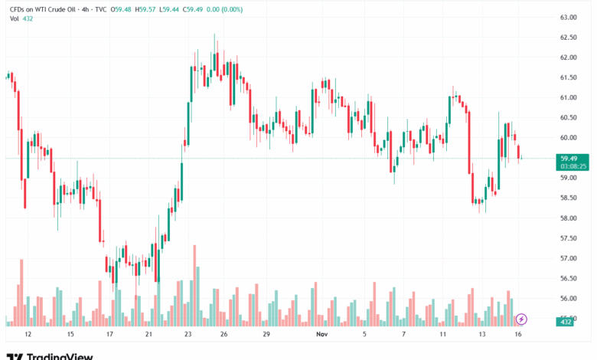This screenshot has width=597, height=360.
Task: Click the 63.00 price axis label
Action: pos(567,17)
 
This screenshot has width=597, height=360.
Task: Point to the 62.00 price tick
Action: pos(567,57)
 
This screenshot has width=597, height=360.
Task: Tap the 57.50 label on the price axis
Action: pos(567,238)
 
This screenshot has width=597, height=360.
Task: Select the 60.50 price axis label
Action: pos(567,118)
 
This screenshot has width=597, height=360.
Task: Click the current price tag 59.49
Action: pos(568,158)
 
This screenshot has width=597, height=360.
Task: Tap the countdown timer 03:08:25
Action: pos(573,165)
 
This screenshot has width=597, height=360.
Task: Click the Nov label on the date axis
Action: pos(322,334)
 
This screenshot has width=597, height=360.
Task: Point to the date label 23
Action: pos(188,334)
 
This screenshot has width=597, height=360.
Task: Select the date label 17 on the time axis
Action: pos(109,334)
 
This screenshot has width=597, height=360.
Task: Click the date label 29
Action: pos(266,334)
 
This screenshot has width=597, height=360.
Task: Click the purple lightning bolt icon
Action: pos(521,319)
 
